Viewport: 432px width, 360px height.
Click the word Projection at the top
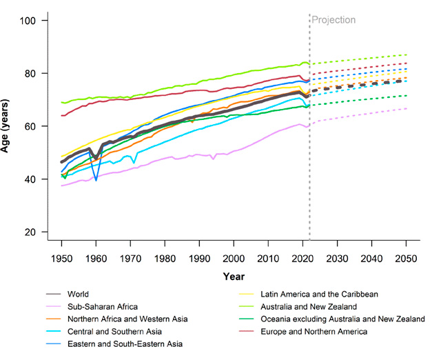333,20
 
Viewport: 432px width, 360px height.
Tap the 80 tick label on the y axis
39,74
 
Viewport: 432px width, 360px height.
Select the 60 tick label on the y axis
39,126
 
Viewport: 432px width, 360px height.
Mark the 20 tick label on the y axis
39,232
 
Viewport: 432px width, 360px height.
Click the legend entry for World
81,294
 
